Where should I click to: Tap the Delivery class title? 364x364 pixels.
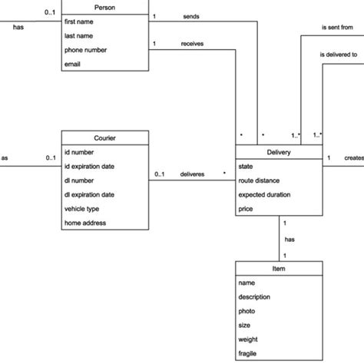point(278,151)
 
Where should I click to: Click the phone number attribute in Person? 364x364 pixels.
point(85,50)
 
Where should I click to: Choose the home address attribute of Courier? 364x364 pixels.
point(86,223)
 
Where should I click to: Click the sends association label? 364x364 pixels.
point(192,16)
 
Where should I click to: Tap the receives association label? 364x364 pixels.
point(192,45)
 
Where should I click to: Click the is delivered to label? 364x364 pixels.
point(339,55)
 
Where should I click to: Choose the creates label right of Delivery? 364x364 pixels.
point(353,158)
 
